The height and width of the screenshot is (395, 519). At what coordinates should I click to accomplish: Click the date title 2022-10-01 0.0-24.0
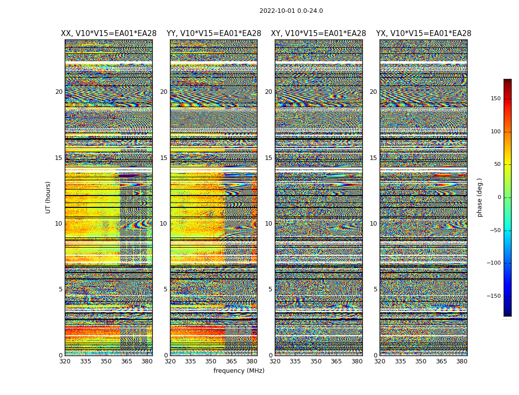(x=291, y=11)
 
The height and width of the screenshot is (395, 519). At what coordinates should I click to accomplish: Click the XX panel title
(x=109, y=34)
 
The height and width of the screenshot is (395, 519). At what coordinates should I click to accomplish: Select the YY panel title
(x=214, y=34)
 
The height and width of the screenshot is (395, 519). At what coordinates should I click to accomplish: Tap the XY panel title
(x=318, y=34)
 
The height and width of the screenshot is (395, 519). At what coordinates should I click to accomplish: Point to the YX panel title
(x=424, y=34)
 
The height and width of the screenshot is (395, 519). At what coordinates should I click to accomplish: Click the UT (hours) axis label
(x=48, y=197)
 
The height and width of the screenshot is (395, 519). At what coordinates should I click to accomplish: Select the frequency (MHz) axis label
(x=239, y=371)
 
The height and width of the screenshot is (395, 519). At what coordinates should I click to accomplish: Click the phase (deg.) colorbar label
(x=479, y=197)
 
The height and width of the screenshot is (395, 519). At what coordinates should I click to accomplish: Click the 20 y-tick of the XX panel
(x=59, y=92)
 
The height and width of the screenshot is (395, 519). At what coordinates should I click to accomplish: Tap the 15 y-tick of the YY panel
(x=164, y=158)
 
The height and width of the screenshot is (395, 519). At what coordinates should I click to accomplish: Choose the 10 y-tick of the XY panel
(x=268, y=224)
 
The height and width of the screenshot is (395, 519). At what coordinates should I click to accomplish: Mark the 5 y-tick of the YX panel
(x=375, y=289)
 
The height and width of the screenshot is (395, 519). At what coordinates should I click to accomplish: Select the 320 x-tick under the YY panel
(x=170, y=361)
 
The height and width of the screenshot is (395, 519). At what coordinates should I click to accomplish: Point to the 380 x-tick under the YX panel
(x=462, y=361)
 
